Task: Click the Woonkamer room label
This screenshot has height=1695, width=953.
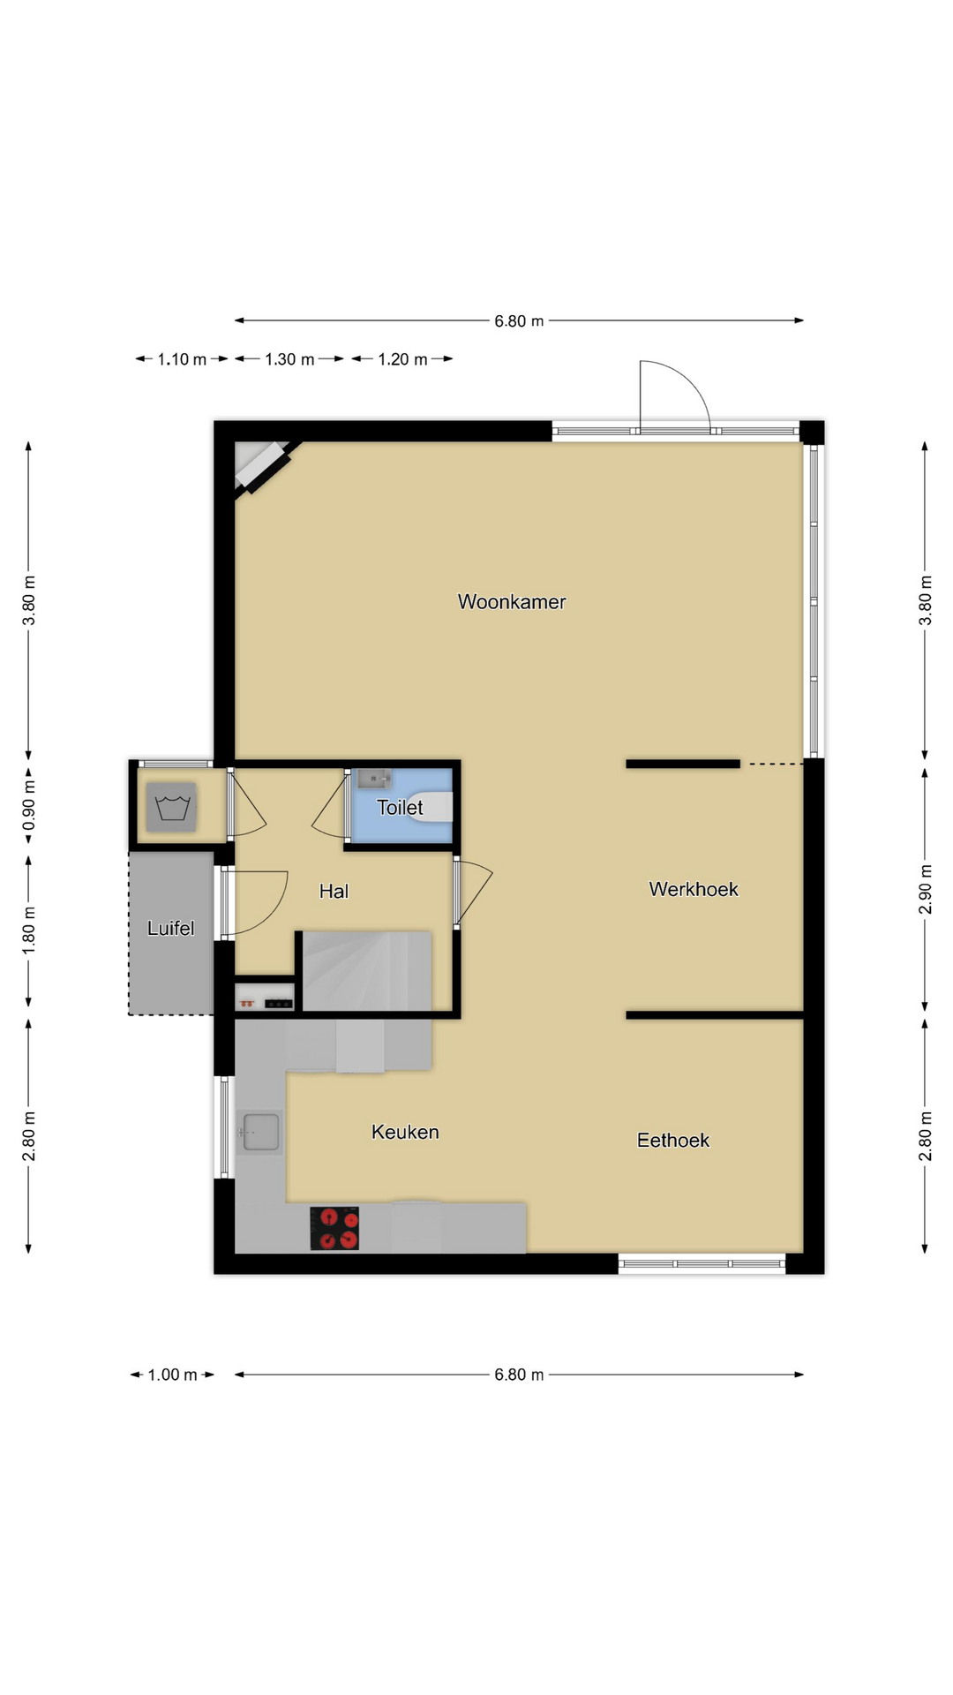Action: click(512, 602)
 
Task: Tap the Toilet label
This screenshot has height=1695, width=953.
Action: click(400, 807)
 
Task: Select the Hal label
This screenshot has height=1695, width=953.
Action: click(334, 892)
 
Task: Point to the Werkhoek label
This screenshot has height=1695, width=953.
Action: click(694, 889)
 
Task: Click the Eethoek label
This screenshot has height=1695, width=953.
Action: click(673, 1141)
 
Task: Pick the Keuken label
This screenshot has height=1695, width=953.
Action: click(405, 1132)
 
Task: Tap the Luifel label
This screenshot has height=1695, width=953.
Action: click(170, 928)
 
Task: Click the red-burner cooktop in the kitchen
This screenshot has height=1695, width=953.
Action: click(334, 1229)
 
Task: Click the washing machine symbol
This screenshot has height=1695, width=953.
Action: click(171, 807)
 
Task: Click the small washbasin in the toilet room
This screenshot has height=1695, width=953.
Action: click(374, 779)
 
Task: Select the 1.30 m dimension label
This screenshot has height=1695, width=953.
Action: click(289, 359)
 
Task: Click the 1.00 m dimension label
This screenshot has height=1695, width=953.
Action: click(172, 1375)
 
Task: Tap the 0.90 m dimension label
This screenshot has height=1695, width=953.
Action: click(29, 806)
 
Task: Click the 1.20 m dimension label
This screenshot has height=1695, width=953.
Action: click(402, 359)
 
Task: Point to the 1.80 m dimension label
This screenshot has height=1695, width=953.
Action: click(29, 930)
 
